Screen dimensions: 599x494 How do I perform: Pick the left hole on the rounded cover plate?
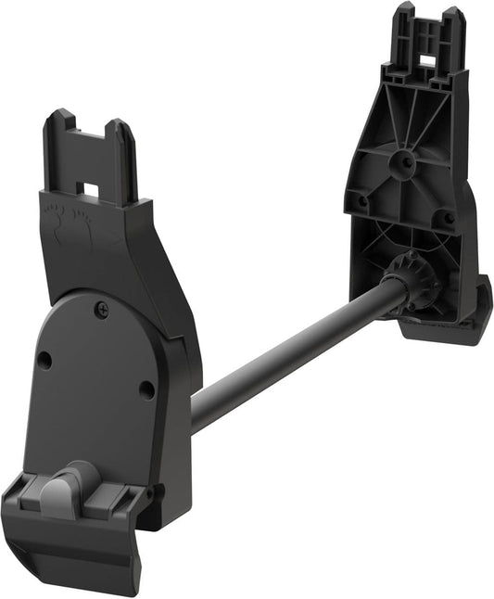pyautogui.click(x=44, y=361)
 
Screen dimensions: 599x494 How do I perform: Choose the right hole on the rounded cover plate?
pyautogui.click(x=146, y=389)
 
